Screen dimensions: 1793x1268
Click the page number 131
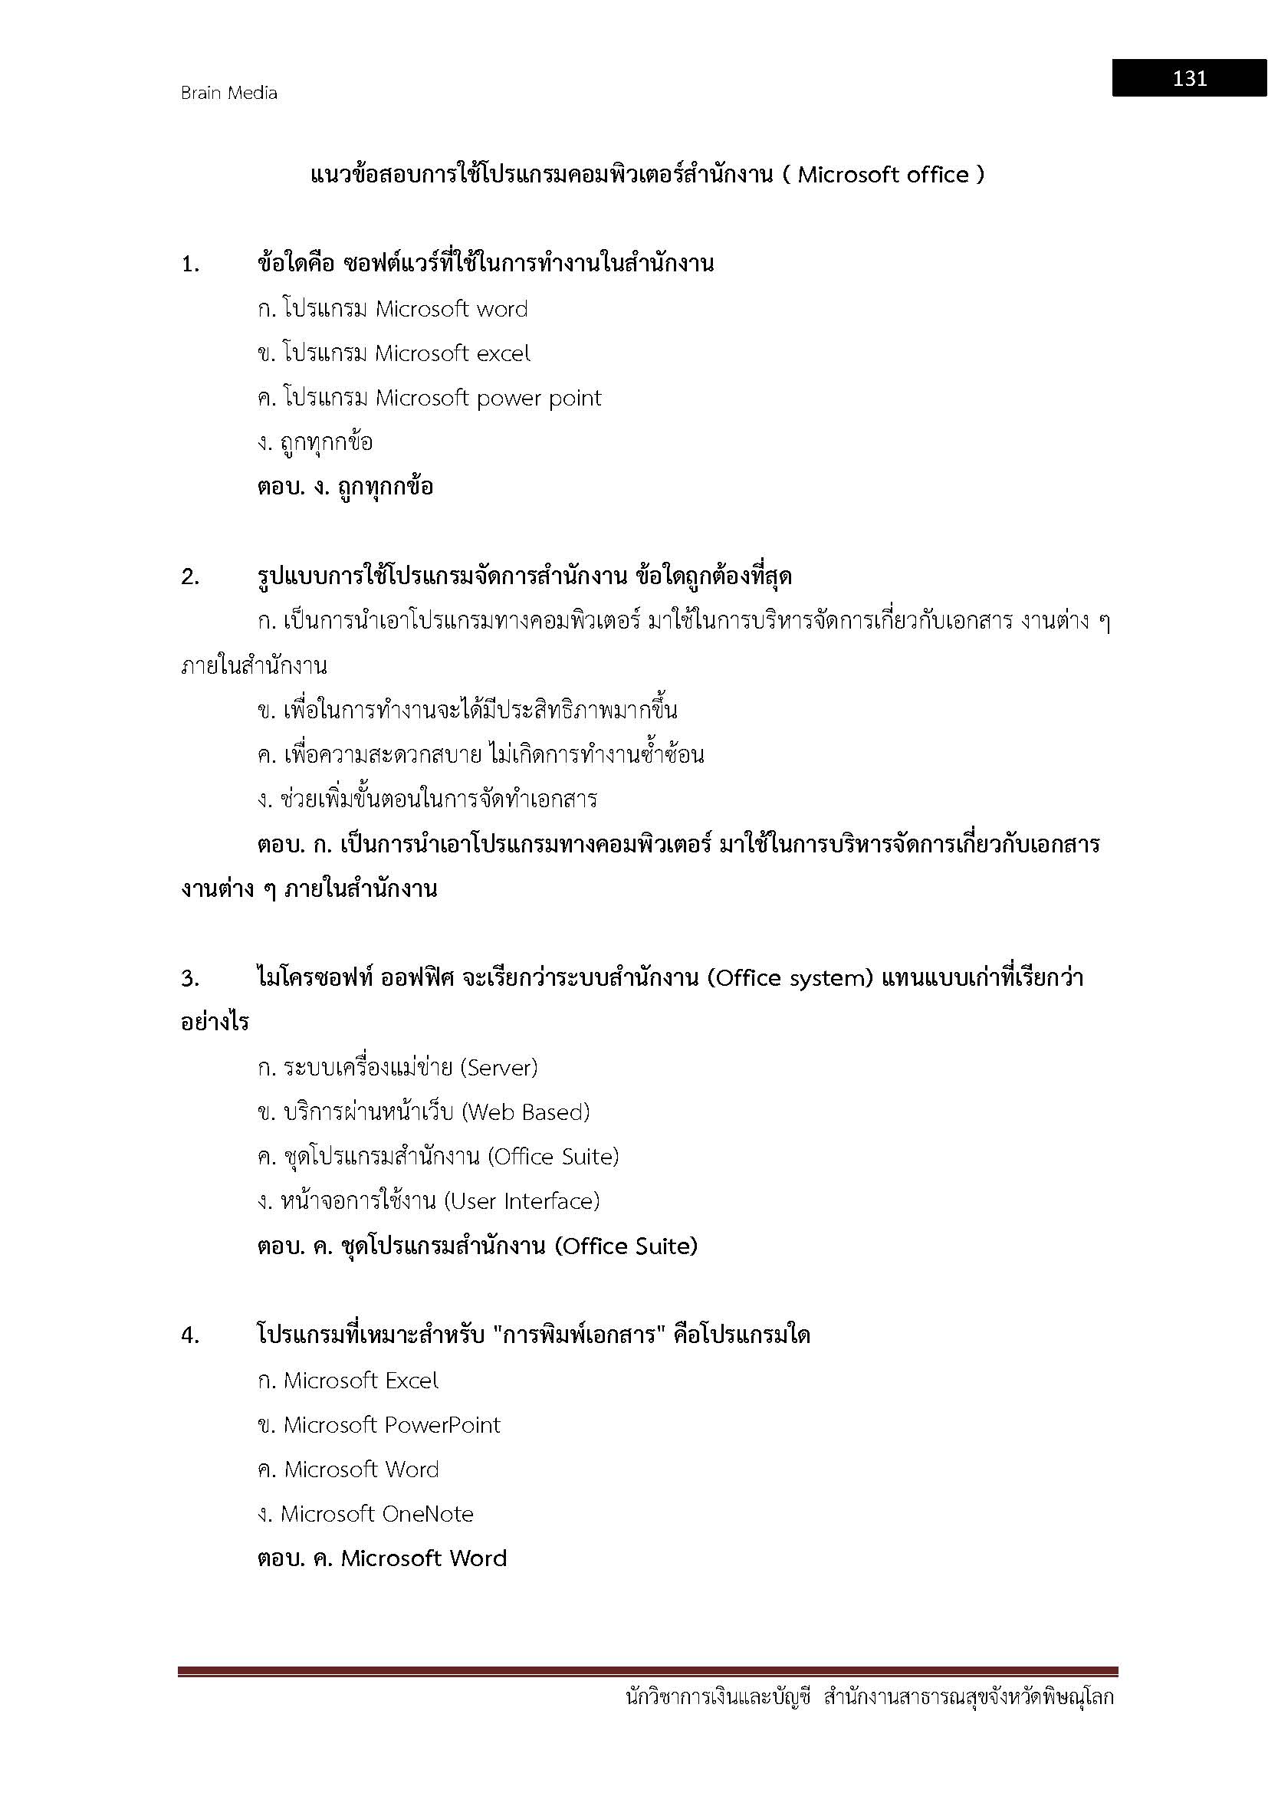[x=1189, y=78]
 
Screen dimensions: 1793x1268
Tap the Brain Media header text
[x=228, y=93]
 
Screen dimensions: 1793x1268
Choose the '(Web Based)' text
[x=525, y=1112]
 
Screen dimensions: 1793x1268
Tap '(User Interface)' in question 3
[x=521, y=1201]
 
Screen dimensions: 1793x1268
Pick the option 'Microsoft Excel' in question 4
[x=361, y=1381]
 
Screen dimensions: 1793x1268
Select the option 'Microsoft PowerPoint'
[x=391, y=1425]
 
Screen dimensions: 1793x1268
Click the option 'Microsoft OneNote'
[x=377, y=1514]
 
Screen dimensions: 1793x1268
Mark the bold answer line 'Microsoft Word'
[x=424, y=1558]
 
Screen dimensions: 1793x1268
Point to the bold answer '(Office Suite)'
[x=626, y=1246]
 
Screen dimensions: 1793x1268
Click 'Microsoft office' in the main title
[x=883, y=175]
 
